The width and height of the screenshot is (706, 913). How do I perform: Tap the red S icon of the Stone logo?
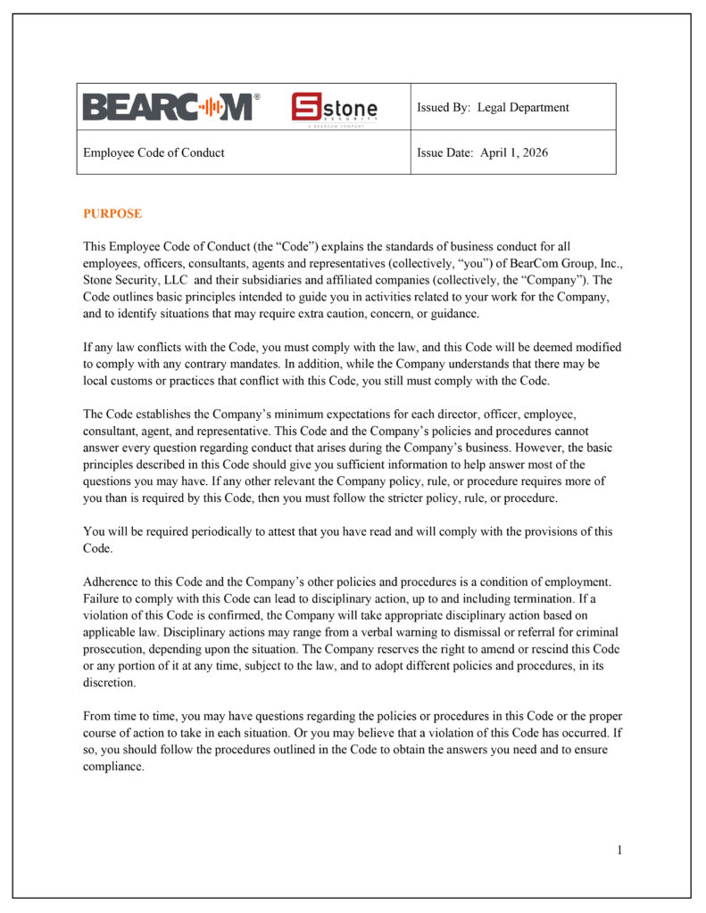click(x=309, y=108)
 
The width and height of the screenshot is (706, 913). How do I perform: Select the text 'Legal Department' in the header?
click(x=523, y=107)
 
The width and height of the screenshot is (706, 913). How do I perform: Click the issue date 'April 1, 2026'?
click(x=514, y=152)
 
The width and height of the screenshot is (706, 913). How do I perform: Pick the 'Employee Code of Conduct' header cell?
click(x=154, y=152)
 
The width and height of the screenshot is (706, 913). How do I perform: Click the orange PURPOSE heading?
click(x=112, y=214)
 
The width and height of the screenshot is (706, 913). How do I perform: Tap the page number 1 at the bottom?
click(x=619, y=850)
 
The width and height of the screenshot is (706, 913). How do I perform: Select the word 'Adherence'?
click(x=112, y=581)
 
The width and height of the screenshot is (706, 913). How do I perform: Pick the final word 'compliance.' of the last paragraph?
click(x=113, y=767)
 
